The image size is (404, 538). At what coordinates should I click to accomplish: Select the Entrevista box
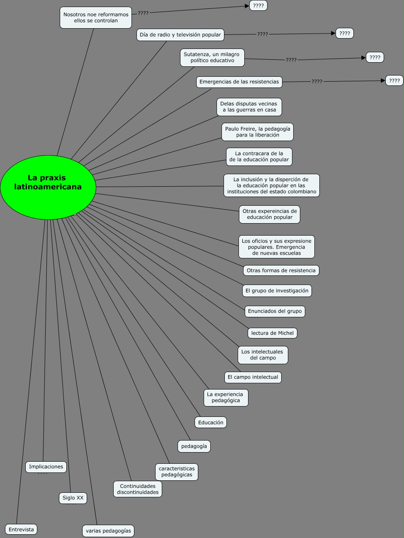click(21, 529)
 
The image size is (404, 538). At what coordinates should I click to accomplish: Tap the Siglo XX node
click(73, 498)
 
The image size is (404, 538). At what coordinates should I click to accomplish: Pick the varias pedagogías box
click(108, 531)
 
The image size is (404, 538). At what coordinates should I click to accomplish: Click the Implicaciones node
click(46, 467)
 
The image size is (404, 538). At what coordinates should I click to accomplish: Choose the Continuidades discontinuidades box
click(138, 489)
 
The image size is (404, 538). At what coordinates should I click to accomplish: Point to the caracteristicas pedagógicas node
click(177, 472)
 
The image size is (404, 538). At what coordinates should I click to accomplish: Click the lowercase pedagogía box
click(194, 446)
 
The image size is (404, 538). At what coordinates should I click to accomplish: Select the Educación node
click(211, 422)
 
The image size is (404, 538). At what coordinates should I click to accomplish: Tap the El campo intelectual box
click(253, 377)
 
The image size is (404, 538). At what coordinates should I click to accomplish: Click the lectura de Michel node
click(273, 333)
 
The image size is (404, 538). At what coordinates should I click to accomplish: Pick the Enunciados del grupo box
click(275, 311)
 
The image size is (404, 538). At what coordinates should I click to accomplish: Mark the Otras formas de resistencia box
click(281, 270)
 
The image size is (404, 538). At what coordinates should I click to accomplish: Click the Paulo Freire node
click(258, 132)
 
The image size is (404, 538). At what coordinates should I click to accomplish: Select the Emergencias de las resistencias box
click(239, 82)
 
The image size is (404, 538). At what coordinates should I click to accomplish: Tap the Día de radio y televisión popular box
click(180, 35)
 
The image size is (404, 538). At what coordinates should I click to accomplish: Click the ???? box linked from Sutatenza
click(375, 57)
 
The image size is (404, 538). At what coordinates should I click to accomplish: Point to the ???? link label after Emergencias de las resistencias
click(317, 82)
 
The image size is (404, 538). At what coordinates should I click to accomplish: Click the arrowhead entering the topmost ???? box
click(247, 6)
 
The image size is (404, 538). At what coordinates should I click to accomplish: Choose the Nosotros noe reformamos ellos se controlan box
click(96, 17)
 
